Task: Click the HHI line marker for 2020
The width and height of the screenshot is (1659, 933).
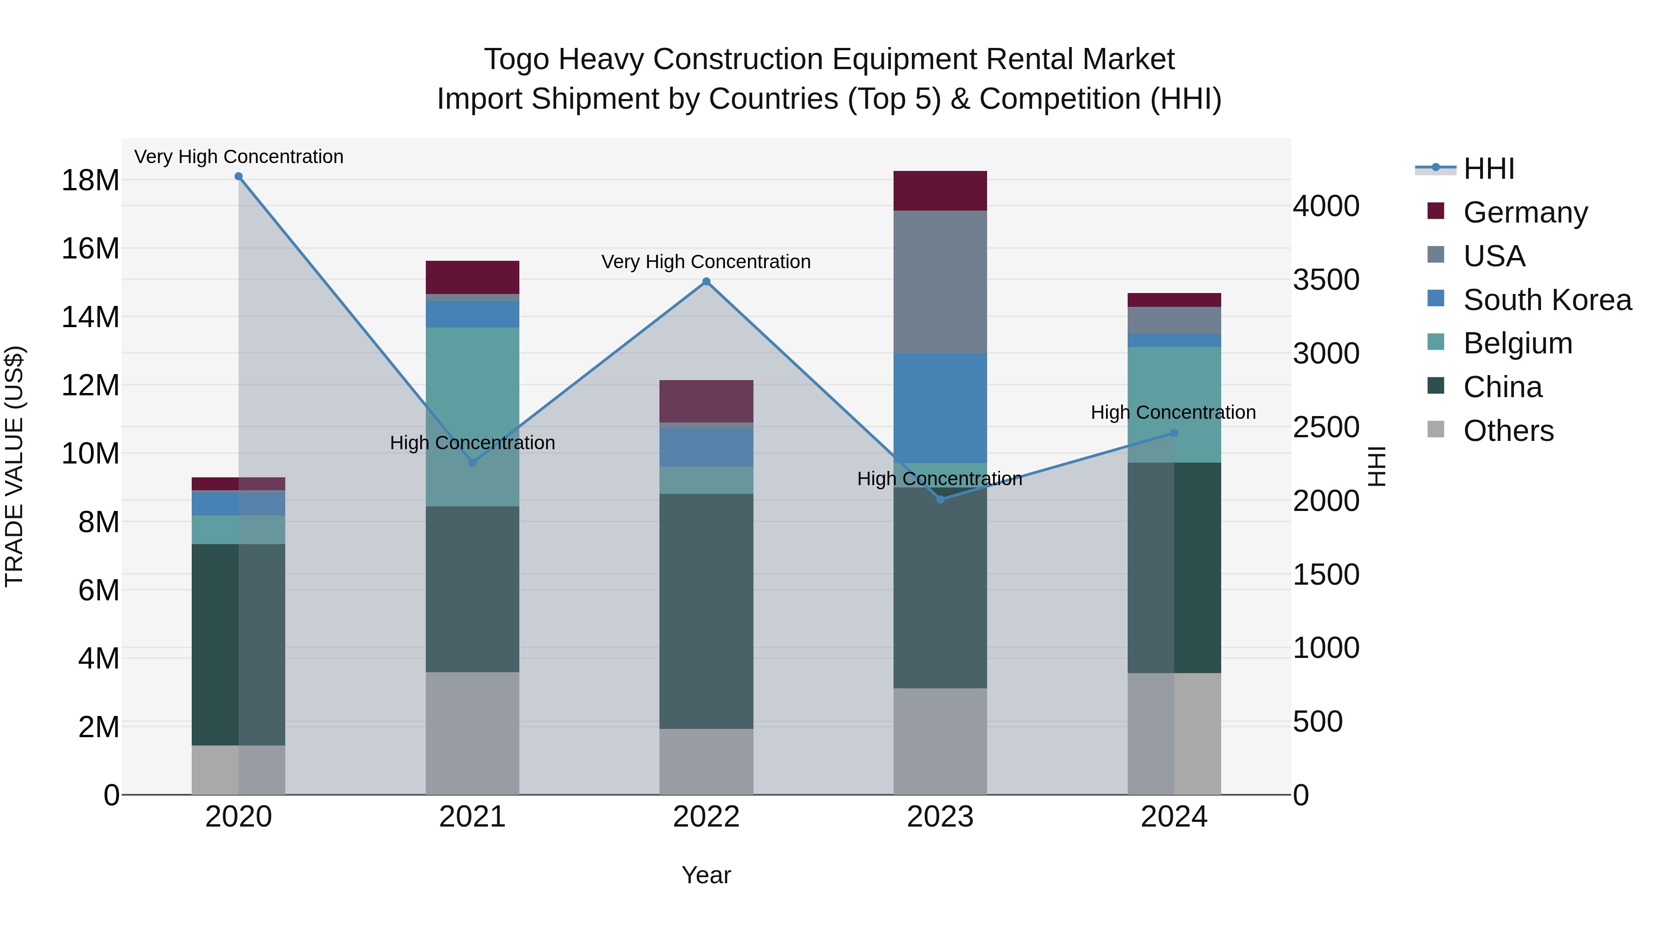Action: point(238,176)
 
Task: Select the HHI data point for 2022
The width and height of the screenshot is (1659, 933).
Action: point(706,282)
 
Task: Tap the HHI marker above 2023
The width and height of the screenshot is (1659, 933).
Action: point(940,499)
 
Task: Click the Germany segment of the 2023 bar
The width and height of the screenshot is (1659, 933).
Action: point(940,191)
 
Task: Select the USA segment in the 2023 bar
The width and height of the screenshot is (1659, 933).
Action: point(940,282)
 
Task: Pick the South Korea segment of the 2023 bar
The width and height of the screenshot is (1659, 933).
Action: point(940,408)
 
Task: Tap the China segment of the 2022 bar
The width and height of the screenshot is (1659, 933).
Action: point(706,612)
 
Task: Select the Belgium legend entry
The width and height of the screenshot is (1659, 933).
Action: point(1518,343)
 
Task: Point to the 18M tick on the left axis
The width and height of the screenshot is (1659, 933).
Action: point(90,180)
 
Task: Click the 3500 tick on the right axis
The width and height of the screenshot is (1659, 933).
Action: point(1326,280)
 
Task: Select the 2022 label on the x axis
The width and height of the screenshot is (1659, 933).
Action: point(706,817)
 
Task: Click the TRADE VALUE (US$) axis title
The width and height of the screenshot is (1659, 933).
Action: point(15,466)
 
